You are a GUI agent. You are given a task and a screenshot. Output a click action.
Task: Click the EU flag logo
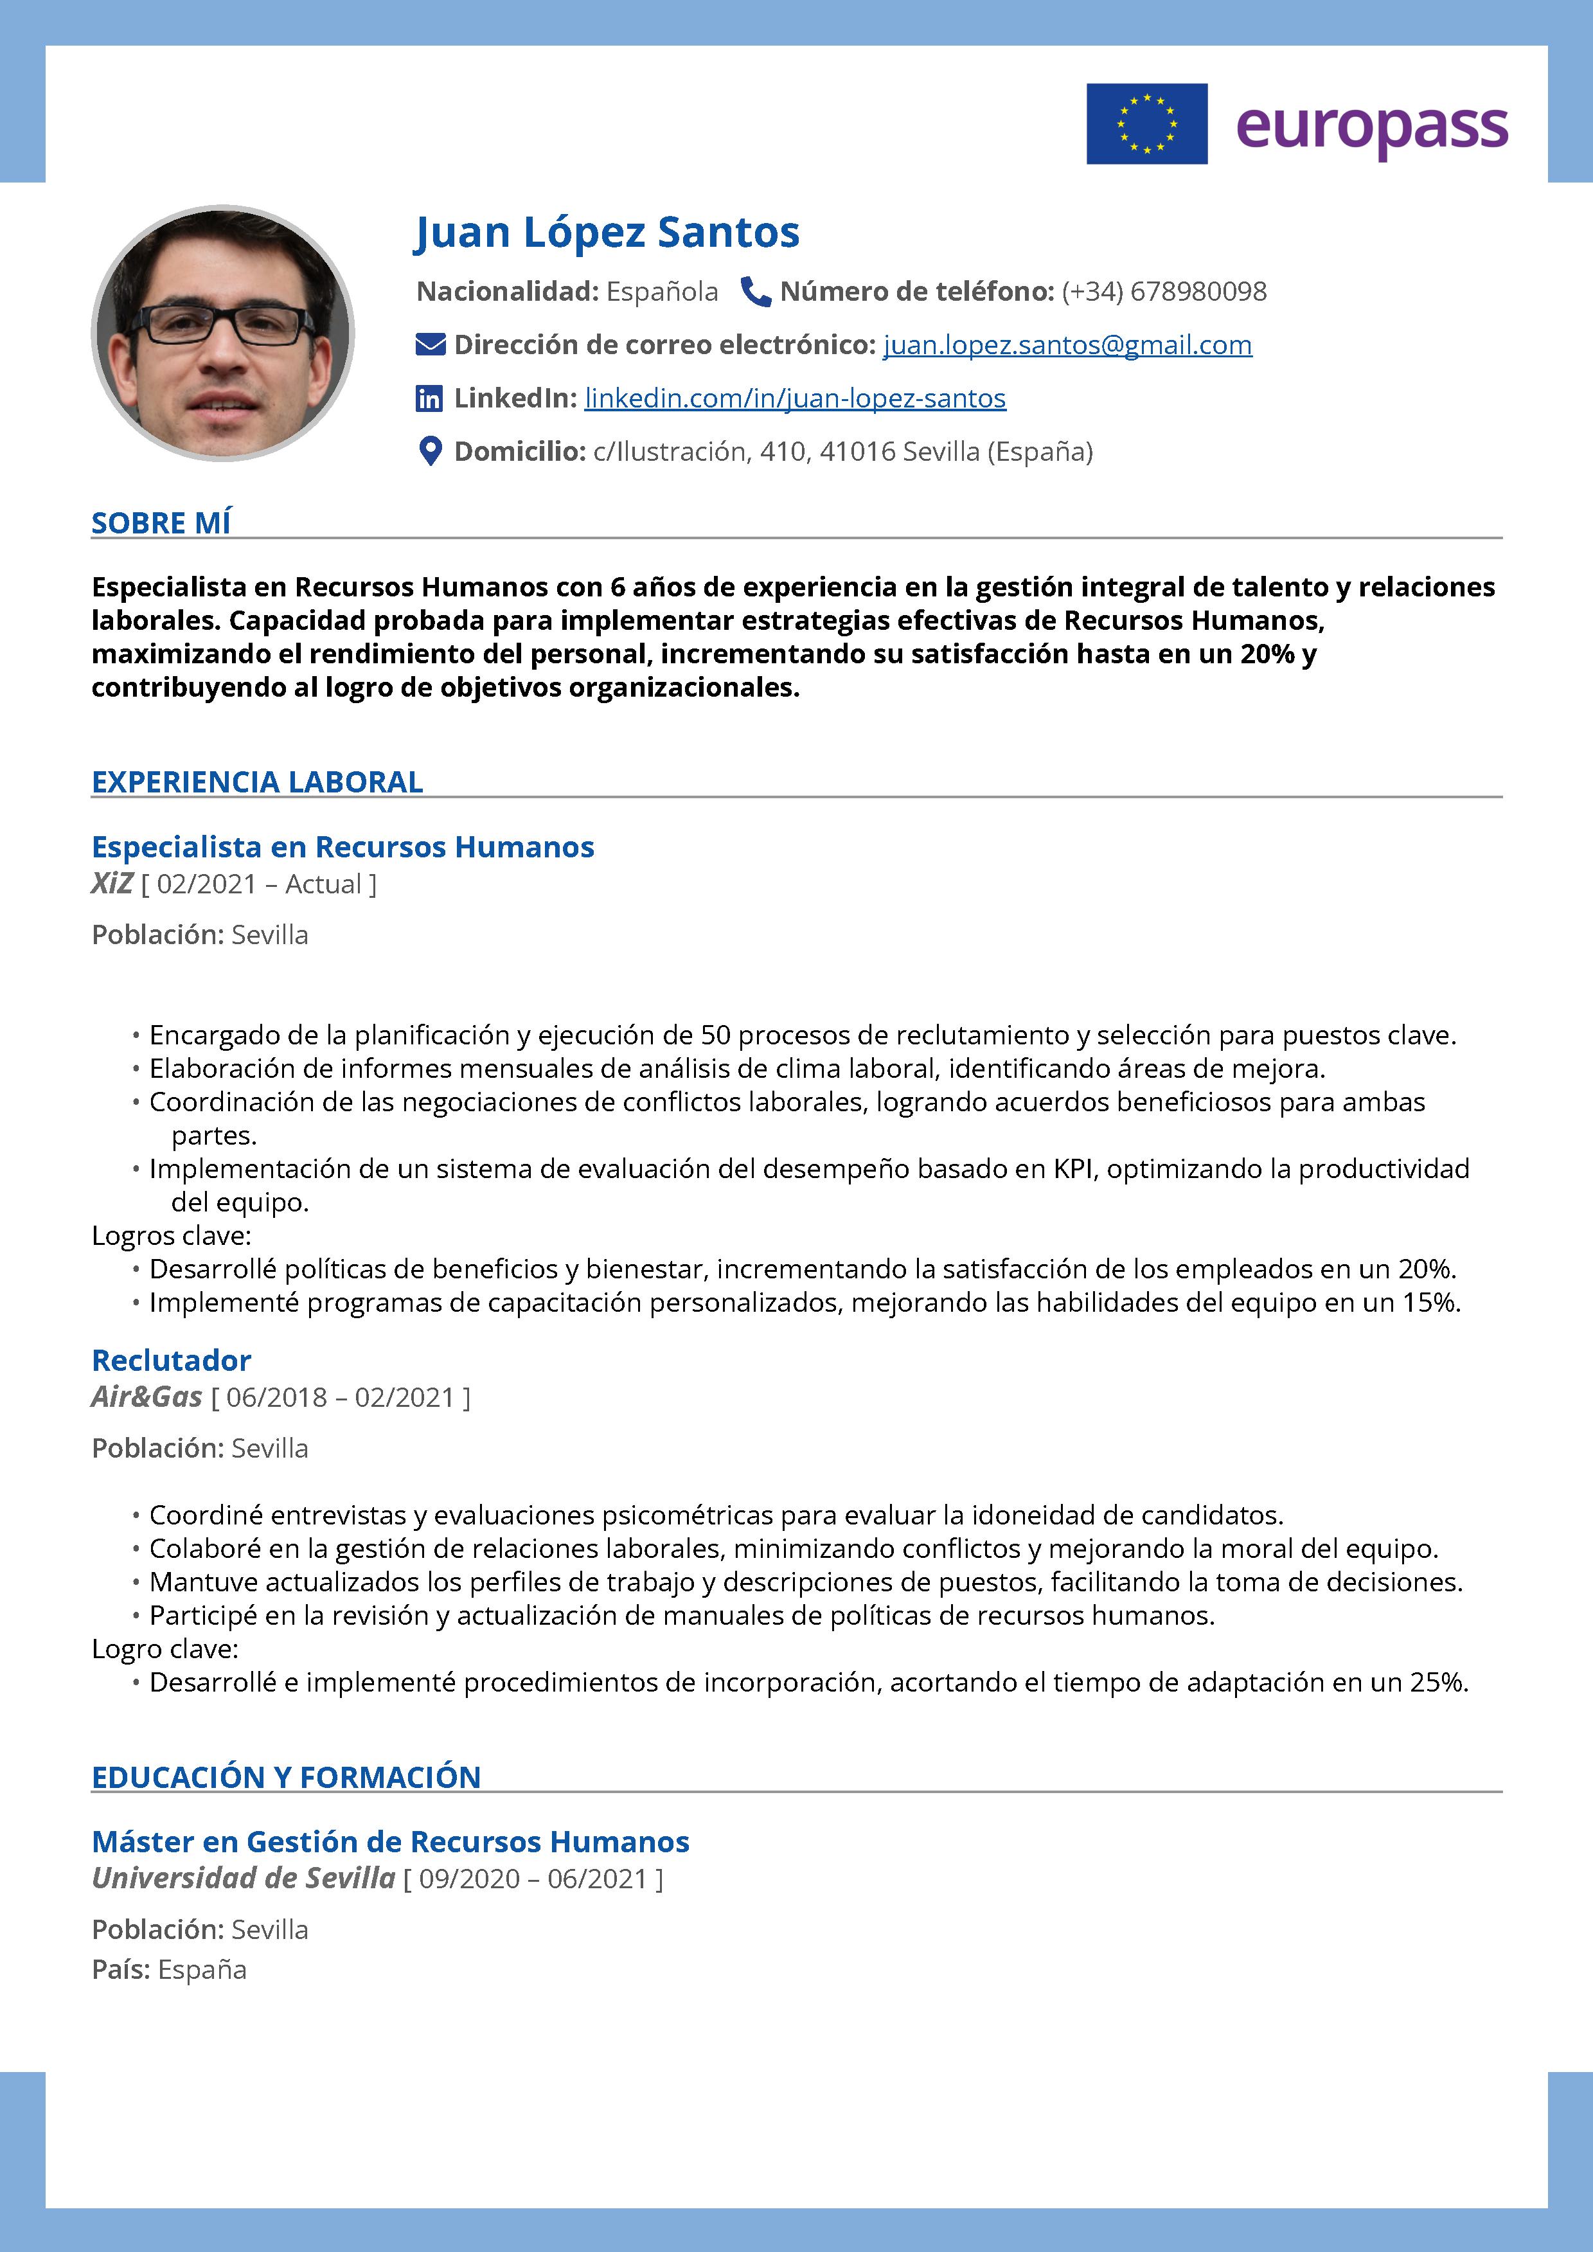[x=1146, y=123]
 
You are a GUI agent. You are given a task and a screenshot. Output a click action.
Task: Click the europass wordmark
[x=1371, y=127]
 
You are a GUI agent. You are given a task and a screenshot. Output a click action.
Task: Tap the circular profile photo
[x=223, y=332]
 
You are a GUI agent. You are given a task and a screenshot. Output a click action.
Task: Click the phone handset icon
[x=754, y=291]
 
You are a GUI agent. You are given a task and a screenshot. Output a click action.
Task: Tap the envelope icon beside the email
[x=431, y=344]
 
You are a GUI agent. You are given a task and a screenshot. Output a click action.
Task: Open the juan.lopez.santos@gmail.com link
[x=1067, y=345]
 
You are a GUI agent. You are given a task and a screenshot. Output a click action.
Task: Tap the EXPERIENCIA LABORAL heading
[x=257, y=782]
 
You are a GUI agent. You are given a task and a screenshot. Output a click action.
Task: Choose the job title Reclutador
[x=172, y=1361]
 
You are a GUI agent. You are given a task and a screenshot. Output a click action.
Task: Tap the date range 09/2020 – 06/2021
[x=533, y=1879]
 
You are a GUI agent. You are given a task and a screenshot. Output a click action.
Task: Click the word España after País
[x=202, y=1969]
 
